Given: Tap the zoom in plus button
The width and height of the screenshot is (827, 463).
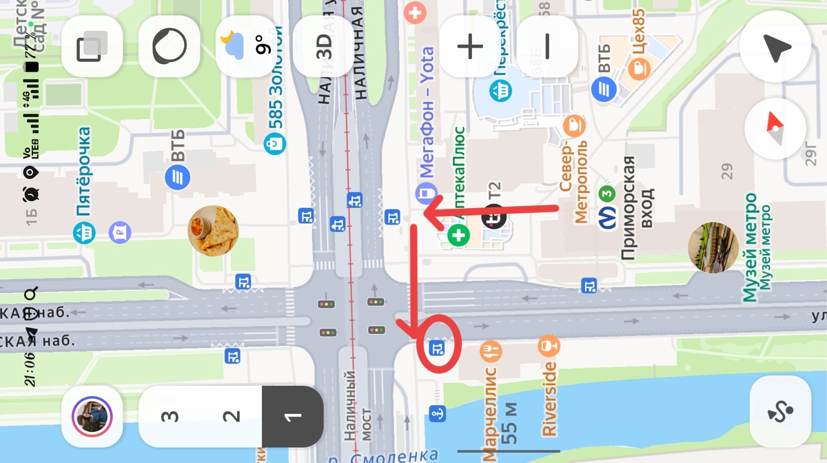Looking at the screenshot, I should pos(471,46).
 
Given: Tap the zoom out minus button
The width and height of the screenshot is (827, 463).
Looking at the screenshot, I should pos(548,46).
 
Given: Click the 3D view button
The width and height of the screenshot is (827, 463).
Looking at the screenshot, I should pos(324,46).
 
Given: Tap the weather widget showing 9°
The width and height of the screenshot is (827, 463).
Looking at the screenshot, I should pos(246,46).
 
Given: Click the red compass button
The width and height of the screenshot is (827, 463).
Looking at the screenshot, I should pos(776,130).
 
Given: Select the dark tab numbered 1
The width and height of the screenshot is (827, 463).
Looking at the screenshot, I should pos(293,417).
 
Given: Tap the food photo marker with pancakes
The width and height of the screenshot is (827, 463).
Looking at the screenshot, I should pos(213,231).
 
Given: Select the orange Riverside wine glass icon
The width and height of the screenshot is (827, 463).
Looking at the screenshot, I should pos(549,344).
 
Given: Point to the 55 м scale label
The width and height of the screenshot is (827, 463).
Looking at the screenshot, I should pos(510,420).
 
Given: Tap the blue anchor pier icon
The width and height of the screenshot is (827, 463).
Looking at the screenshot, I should pos(436,413).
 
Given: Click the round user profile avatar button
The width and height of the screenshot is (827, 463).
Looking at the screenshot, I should pos(92,417).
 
